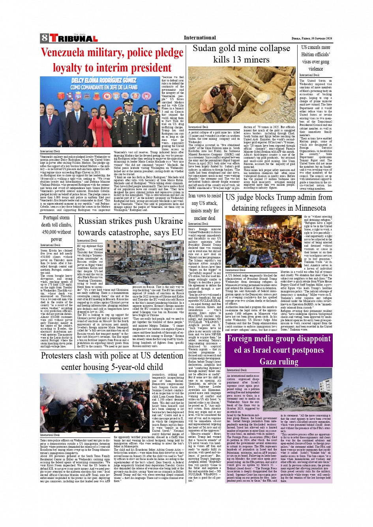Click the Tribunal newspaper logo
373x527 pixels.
coord(73,38)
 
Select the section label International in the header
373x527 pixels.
coord(200,38)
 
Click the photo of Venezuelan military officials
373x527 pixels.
coord(100,112)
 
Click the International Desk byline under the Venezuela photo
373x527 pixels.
coord(50,151)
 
